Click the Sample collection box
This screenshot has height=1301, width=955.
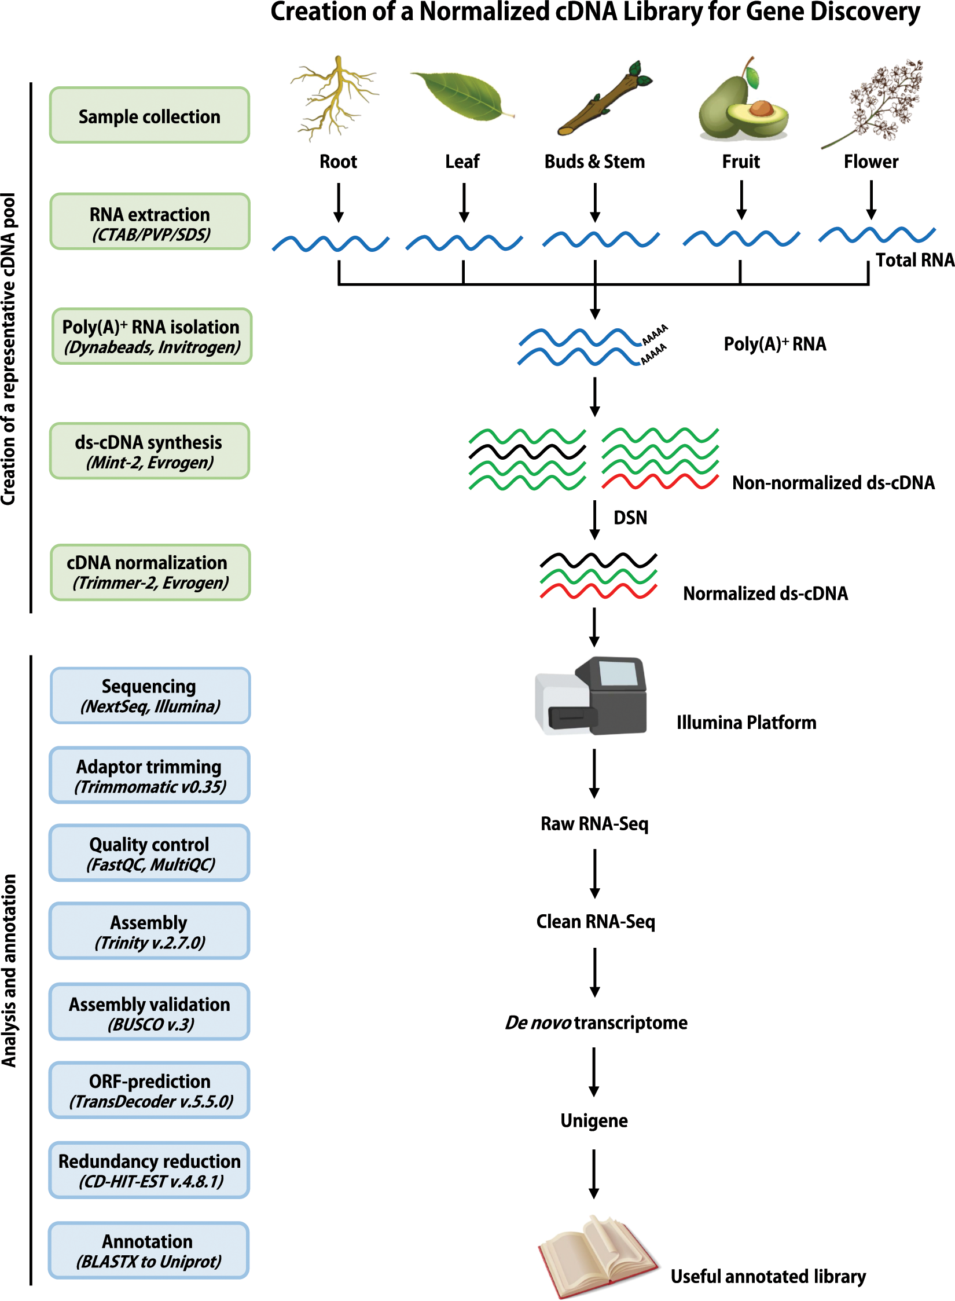click(149, 116)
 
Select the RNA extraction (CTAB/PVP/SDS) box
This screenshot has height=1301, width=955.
click(149, 222)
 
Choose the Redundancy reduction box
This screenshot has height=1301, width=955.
click(149, 1171)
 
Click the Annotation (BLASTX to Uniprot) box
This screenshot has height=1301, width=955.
click(148, 1251)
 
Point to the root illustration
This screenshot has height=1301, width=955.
click(335, 98)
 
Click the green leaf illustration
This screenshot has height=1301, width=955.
click(461, 96)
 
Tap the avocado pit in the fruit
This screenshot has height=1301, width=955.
click(762, 108)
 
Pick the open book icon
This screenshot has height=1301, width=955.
click(596, 1256)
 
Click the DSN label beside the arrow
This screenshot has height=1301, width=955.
click(630, 518)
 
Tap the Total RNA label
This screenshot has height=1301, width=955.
click(914, 261)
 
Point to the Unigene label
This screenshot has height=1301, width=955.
click(594, 1121)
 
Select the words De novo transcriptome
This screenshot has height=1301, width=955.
click(596, 1023)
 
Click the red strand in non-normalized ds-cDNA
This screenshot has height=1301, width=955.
click(660, 481)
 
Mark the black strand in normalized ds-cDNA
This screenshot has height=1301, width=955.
click(598, 560)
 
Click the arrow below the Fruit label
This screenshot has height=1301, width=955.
click(741, 200)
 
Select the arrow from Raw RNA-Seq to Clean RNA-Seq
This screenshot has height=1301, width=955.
click(595, 873)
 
